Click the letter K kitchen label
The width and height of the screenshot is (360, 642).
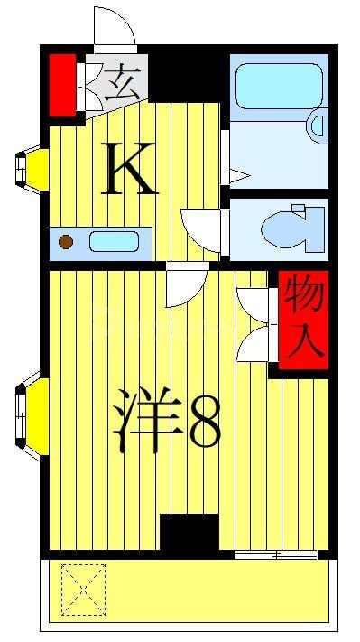click(131, 169)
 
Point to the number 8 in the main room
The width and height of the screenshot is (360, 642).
click(206, 422)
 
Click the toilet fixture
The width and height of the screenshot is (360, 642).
click(291, 227)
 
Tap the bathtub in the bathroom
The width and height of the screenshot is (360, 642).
click(278, 87)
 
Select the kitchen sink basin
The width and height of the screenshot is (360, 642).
click(114, 242)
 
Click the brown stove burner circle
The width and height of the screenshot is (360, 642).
click(65, 241)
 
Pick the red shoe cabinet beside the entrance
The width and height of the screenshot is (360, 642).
click(61, 86)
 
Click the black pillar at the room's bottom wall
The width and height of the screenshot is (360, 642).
click(189, 532)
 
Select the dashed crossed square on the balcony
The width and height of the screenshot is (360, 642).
click(83, 588)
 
